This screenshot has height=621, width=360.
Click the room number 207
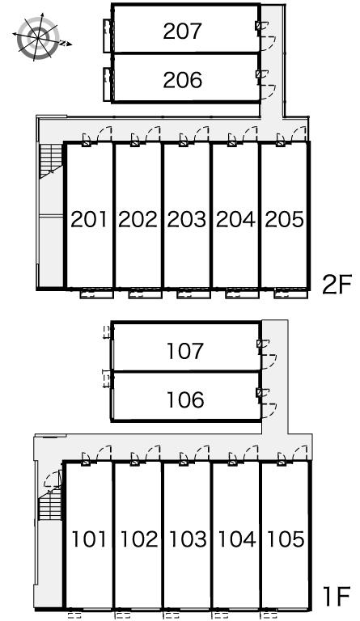point(182,32)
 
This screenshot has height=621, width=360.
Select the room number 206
point(183,80)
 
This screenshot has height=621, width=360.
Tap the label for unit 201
point(89,219)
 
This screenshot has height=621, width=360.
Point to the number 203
point(187,219)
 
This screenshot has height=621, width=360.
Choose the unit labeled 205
point(284,219)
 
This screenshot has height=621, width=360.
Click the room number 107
point(185,351)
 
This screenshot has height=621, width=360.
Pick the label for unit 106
point(185,399)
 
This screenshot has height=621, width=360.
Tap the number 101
point(89,539)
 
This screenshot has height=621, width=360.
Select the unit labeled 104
point(237,539)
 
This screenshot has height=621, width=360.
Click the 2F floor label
point(337,285)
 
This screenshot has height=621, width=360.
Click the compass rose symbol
point(39,38)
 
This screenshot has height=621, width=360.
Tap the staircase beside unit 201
point(51,161)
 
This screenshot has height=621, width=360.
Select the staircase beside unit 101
point(50,505)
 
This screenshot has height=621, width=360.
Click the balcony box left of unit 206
point(107,84)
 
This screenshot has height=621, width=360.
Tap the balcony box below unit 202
point(145,294)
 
